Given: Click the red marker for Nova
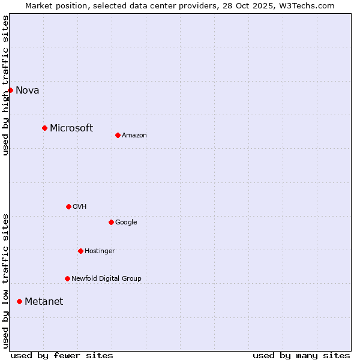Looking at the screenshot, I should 10,90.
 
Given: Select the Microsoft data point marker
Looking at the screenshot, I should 44,128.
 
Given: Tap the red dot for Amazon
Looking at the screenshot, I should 118,135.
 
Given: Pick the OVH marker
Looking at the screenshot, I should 68,206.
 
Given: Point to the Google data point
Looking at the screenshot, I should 111,222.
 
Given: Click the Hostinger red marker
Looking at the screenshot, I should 80,251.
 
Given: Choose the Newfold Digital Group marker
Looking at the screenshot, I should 67,278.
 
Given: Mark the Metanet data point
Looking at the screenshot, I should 19,301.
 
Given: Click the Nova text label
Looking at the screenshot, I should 28,91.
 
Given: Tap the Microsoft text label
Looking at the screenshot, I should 71,128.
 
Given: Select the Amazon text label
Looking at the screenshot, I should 134,136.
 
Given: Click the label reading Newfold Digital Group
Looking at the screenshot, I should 106,278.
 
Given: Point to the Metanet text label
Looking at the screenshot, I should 44,301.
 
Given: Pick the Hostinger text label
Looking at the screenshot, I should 100,251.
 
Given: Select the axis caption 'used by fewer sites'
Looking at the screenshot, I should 62,355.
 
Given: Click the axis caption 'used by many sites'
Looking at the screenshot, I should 301,355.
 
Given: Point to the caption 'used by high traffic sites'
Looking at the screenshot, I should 5,85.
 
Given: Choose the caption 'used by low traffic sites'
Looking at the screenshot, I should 5,281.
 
